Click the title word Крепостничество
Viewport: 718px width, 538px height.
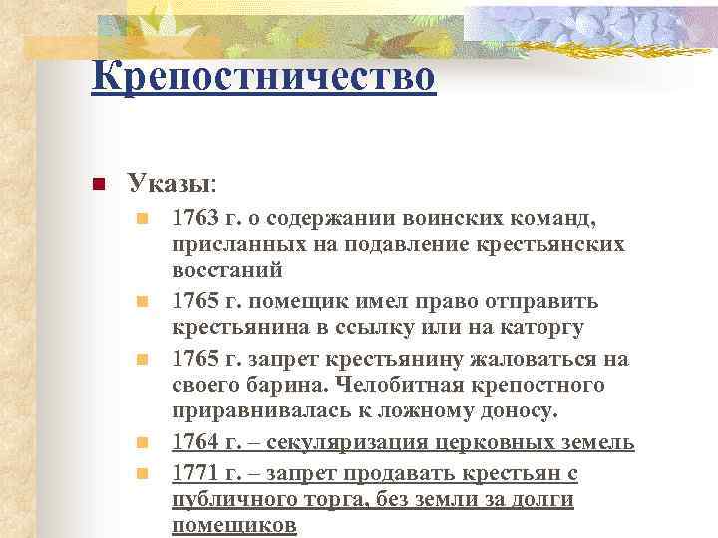tap(262, 76)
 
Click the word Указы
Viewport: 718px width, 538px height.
tap(169, 184)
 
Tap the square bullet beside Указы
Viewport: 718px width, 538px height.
tap(98, 185)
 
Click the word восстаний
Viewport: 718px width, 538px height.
tap(227, 270)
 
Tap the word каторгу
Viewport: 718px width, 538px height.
tap(537, 327)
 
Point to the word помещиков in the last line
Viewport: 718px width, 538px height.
tap(233, 526)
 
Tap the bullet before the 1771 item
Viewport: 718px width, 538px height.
tap(143, 473)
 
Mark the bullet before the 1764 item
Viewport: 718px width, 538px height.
tap(143, 443)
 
